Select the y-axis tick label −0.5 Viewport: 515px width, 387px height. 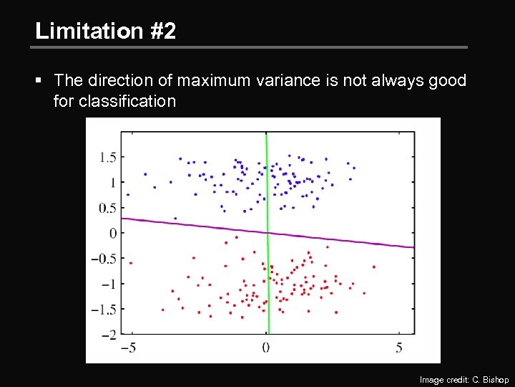click(x=104, y=259)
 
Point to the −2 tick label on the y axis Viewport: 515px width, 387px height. click(x=109, y=335)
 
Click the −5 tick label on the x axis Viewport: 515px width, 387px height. click(x=129, y=348)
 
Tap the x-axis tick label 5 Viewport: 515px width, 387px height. click(x=398, y=348)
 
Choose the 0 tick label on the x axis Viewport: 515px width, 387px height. click(x=265, y=348)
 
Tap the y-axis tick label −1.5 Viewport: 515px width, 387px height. click(x=104, y=310)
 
